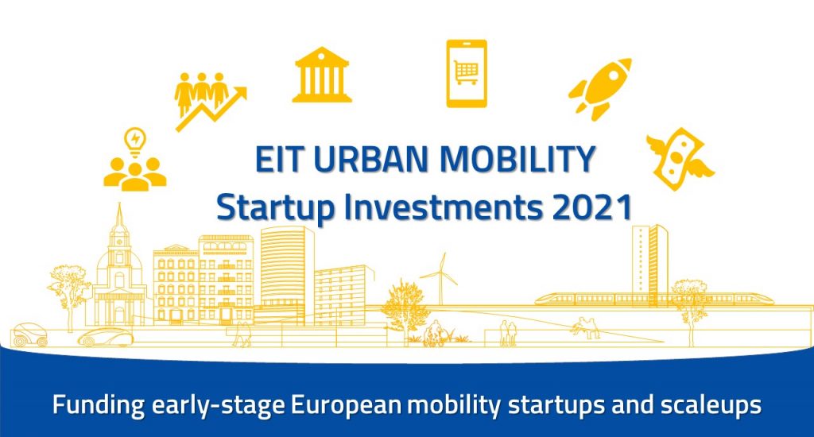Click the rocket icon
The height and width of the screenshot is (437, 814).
coord(599,88)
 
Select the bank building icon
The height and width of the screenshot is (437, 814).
coord(321,75)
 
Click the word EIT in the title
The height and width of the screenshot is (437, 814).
coord(277,160)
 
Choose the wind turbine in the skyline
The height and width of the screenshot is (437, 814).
coord(440,275)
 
